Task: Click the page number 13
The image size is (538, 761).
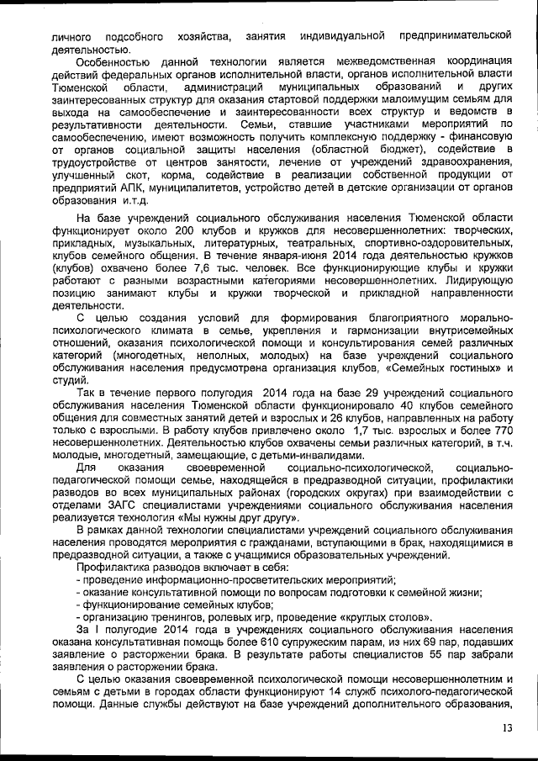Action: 506,728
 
